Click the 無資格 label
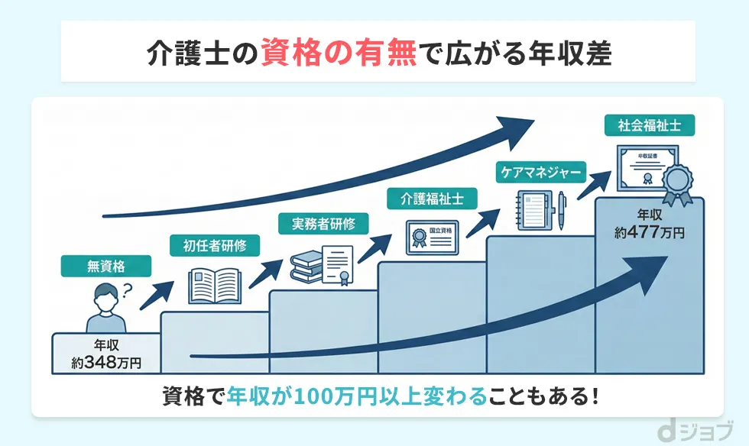[106, 267]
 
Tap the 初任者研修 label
[215, 246]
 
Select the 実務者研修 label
[323, 224]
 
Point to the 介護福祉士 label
[433, 200]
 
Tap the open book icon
[215, 285]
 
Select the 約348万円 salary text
[107, 362]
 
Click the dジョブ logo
[699, 431]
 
